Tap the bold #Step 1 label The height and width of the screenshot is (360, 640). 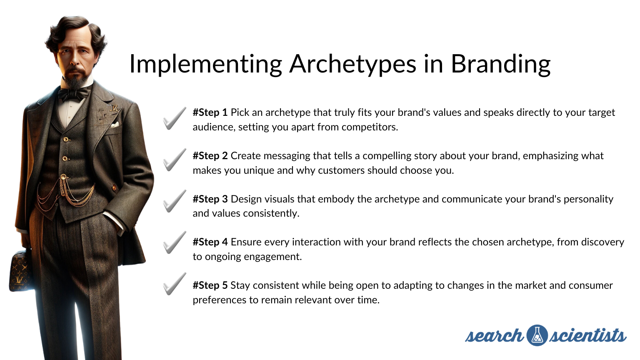pos(210,112)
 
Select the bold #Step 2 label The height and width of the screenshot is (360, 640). pos(210,156)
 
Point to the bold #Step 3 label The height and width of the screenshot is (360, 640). pos(210,199)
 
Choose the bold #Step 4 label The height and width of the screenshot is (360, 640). pos(210,242)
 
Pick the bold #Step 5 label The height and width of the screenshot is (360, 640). pos(210,285)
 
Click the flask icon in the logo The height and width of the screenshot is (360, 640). pos(537,335)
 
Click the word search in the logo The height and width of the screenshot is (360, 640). pos(494,335)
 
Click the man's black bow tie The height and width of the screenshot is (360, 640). pos(75,93)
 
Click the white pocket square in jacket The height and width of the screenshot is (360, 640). pos(115,125)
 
